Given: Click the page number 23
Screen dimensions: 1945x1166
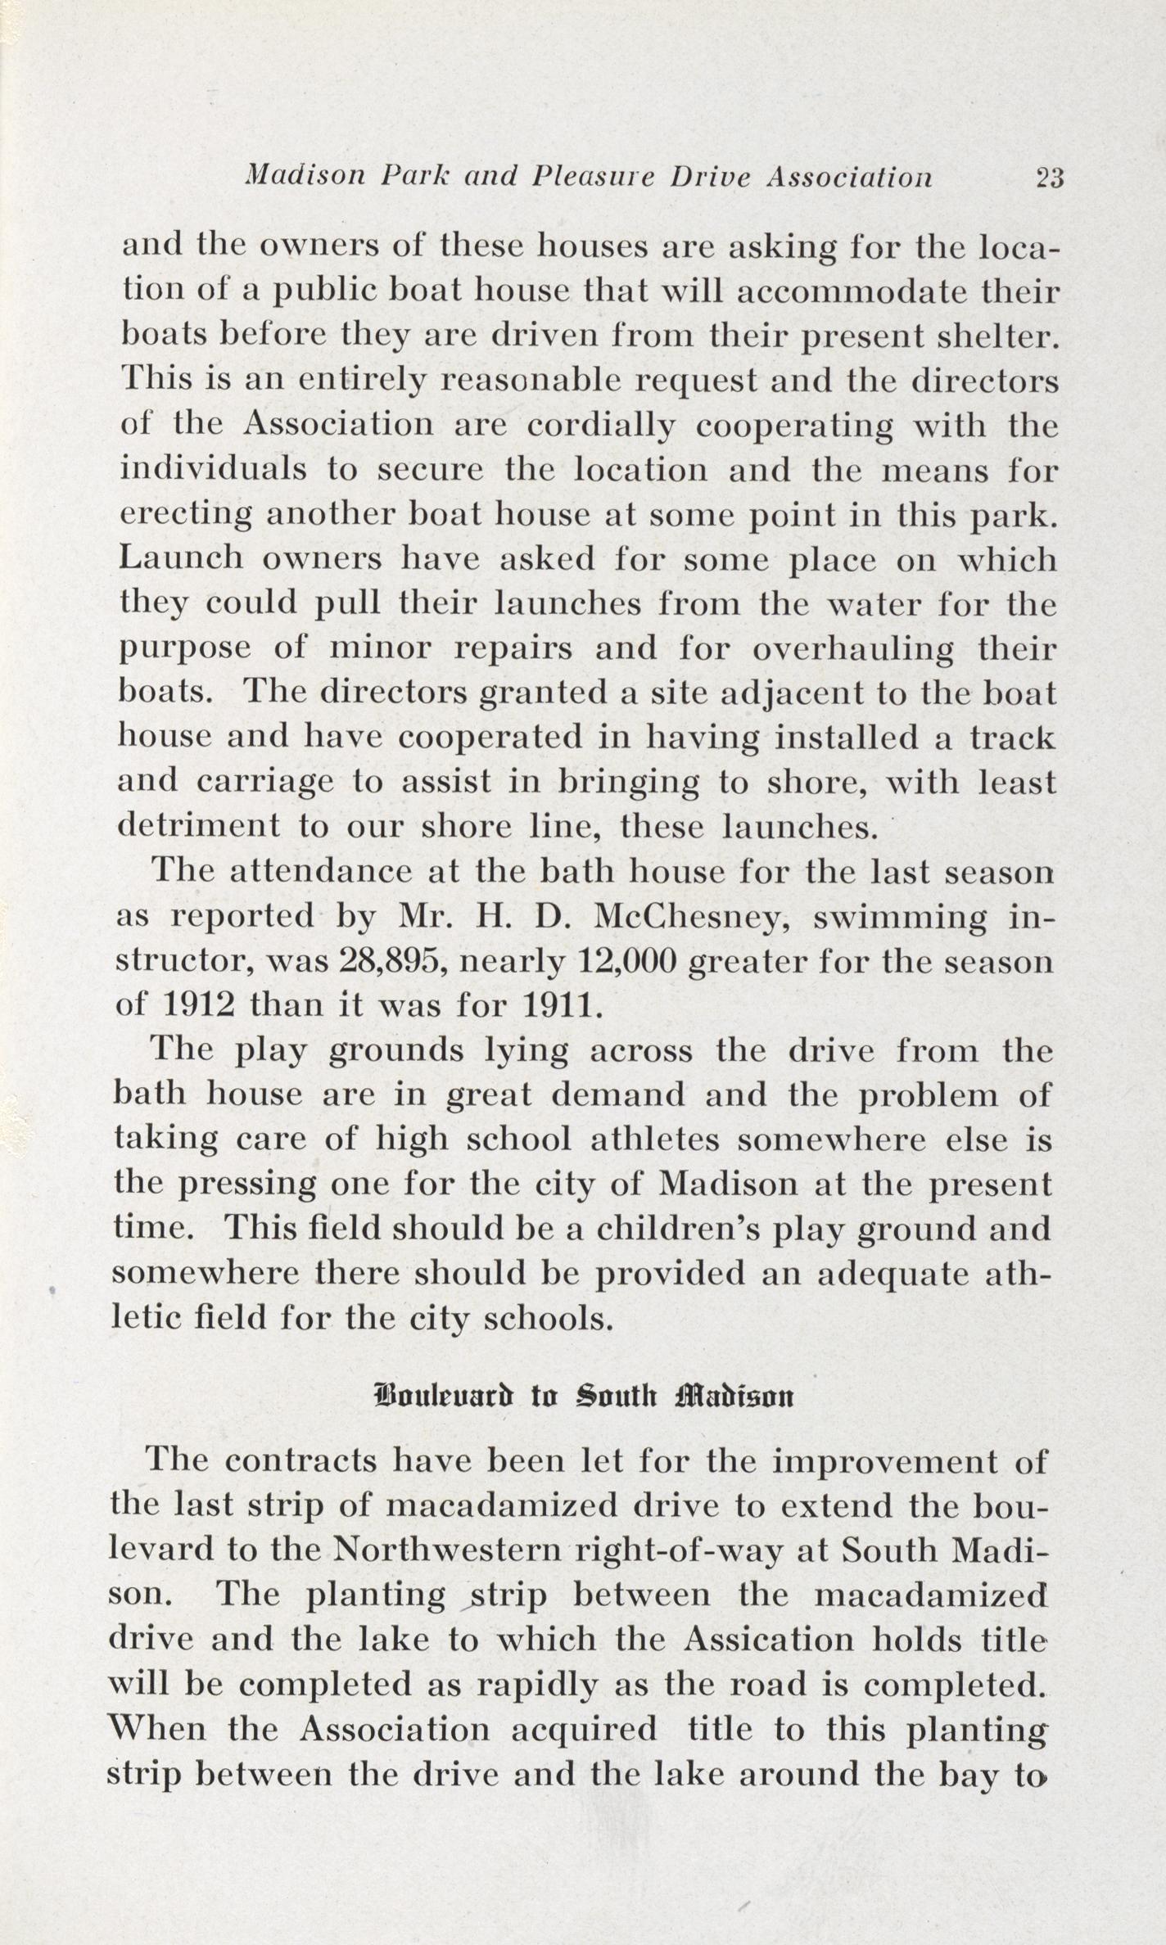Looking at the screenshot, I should tap(1049, 178).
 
